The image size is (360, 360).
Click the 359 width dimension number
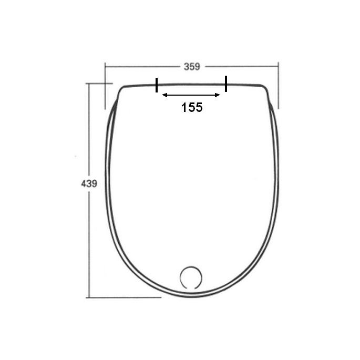[x=192, y=67]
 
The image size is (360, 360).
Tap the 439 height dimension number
[x=89, y=184]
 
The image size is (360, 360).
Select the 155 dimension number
[x=192, y=108]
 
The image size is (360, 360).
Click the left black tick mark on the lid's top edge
[x=156, y=85]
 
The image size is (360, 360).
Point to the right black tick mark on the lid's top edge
[x=226, y=84]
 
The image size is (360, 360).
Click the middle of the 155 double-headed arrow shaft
[x=191, y=95]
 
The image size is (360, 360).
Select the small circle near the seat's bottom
[x=190, y=277]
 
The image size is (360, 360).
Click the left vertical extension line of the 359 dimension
[x=105, y=87]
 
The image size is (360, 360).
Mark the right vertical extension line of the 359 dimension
[x=278, y=87]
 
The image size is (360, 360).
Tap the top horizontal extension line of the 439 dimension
[x=100, y=83]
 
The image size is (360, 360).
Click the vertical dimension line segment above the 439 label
[x=89, y=131]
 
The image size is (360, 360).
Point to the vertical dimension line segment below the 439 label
[x=89, y=242]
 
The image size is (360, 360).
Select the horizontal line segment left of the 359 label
[x=142, y=67]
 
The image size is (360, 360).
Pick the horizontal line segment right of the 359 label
[x=242, y=67]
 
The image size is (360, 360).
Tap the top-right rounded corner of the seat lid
[x=264, y=89]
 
